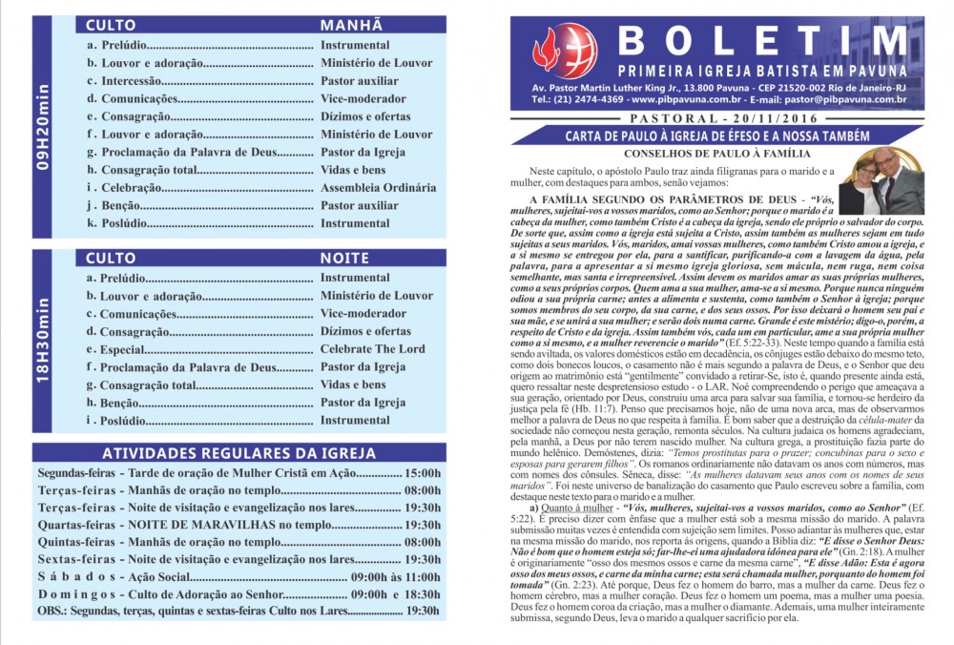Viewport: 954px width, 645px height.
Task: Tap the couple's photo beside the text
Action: point(881,180)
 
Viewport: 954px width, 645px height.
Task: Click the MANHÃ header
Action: point(351,25)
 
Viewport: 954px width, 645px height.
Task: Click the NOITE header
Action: point(344,259)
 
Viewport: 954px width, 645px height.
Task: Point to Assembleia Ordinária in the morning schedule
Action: point(378,188)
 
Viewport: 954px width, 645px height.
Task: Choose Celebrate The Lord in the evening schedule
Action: point(373,349)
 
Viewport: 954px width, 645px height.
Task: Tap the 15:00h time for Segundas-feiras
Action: point(423,473)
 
